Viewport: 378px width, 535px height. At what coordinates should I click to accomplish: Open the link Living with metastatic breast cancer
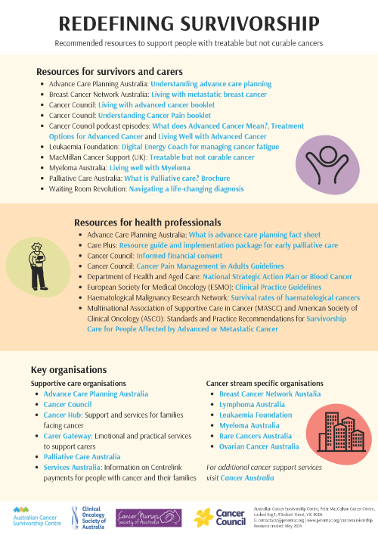208,95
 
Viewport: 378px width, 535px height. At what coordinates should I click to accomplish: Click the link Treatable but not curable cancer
202,157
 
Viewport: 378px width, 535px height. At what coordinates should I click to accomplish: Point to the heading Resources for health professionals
147,222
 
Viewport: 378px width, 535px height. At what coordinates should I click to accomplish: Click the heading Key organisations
68,369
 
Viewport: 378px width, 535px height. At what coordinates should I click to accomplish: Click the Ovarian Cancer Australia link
259,446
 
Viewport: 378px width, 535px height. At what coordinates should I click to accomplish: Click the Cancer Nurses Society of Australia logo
148,517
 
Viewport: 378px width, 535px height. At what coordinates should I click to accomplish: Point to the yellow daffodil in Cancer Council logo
204,518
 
